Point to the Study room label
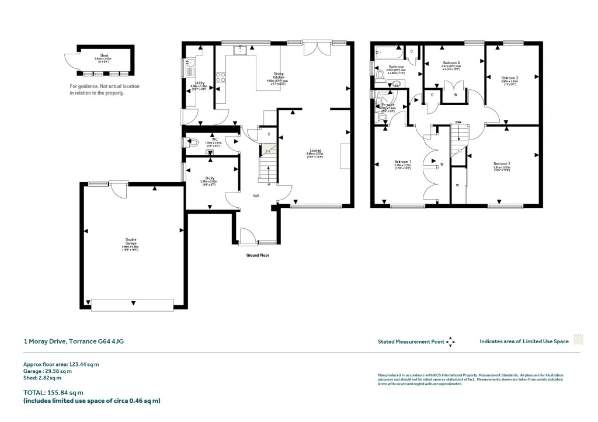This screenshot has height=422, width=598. tap(210, 179)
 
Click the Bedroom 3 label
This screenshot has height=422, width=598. tap(509, 78)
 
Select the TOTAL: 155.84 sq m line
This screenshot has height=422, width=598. tap(53, 393)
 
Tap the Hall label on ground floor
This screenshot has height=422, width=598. tap(256, 196)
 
